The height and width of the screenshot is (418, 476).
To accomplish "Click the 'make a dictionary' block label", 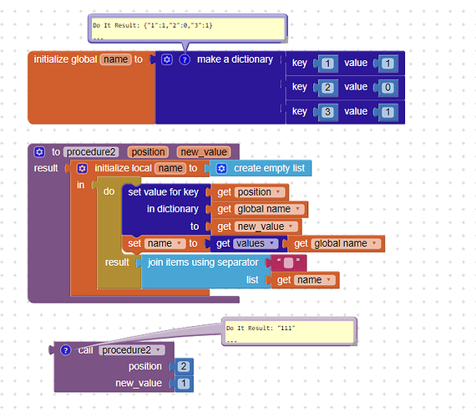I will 235,60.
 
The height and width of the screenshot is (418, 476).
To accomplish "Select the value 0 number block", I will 387,87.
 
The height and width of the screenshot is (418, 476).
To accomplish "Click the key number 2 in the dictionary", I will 327,87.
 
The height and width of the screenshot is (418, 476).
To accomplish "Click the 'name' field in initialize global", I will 115,60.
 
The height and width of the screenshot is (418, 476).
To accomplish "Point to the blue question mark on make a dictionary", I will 185,60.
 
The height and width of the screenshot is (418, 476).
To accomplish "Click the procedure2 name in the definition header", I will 90,152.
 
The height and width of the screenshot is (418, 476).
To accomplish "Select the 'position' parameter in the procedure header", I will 148,152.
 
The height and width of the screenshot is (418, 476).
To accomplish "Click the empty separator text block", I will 289,263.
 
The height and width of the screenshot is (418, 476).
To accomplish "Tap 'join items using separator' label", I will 203,263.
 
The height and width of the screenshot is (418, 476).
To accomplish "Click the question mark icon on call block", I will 66,350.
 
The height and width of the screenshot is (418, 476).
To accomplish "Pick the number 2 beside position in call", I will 184,367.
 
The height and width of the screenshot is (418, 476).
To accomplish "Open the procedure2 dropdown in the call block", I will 131,350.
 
